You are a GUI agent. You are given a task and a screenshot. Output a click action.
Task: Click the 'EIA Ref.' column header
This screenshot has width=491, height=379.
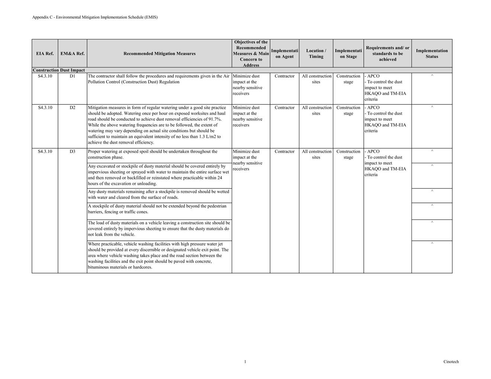tap(45, 54)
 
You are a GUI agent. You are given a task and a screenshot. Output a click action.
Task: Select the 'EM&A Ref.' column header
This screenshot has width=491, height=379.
tap(73, 54)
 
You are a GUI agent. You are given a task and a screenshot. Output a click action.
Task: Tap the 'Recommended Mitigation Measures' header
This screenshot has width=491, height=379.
tap(159, 54)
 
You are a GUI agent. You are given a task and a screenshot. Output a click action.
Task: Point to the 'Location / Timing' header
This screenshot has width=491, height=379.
tap(316, 54)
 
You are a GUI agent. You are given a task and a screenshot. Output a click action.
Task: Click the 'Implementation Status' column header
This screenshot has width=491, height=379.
tap(431, 54)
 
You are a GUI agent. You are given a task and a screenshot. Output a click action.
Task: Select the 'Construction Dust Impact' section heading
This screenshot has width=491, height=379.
tap(59, 70)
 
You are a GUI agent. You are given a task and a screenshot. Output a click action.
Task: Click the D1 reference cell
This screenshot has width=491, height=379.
tap(72, 76)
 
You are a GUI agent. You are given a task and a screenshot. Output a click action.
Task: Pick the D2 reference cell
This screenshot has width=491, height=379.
tap(72, 108)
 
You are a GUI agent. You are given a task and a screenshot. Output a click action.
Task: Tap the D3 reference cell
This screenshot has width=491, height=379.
tap(72, 152)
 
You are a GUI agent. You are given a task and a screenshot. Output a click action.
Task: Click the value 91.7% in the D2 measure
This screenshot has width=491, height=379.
tap(215, 119)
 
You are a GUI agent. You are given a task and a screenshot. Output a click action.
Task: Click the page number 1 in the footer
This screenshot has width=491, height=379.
tap(245, 362)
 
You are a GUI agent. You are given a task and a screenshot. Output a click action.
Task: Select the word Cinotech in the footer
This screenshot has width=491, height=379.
tap(451, 362)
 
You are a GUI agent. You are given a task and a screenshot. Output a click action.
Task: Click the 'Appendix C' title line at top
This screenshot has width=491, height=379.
tap(95, 17)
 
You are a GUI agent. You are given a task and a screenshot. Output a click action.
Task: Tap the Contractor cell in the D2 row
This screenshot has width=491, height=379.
tap(285, 108)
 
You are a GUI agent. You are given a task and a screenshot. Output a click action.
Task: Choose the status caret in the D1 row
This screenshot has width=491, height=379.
tap(432, 76)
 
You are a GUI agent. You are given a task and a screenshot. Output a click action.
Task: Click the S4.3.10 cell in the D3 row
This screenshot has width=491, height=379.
tap(45, 152)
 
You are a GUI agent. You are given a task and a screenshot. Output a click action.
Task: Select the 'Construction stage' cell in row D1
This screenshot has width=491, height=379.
tap(348, 79)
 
